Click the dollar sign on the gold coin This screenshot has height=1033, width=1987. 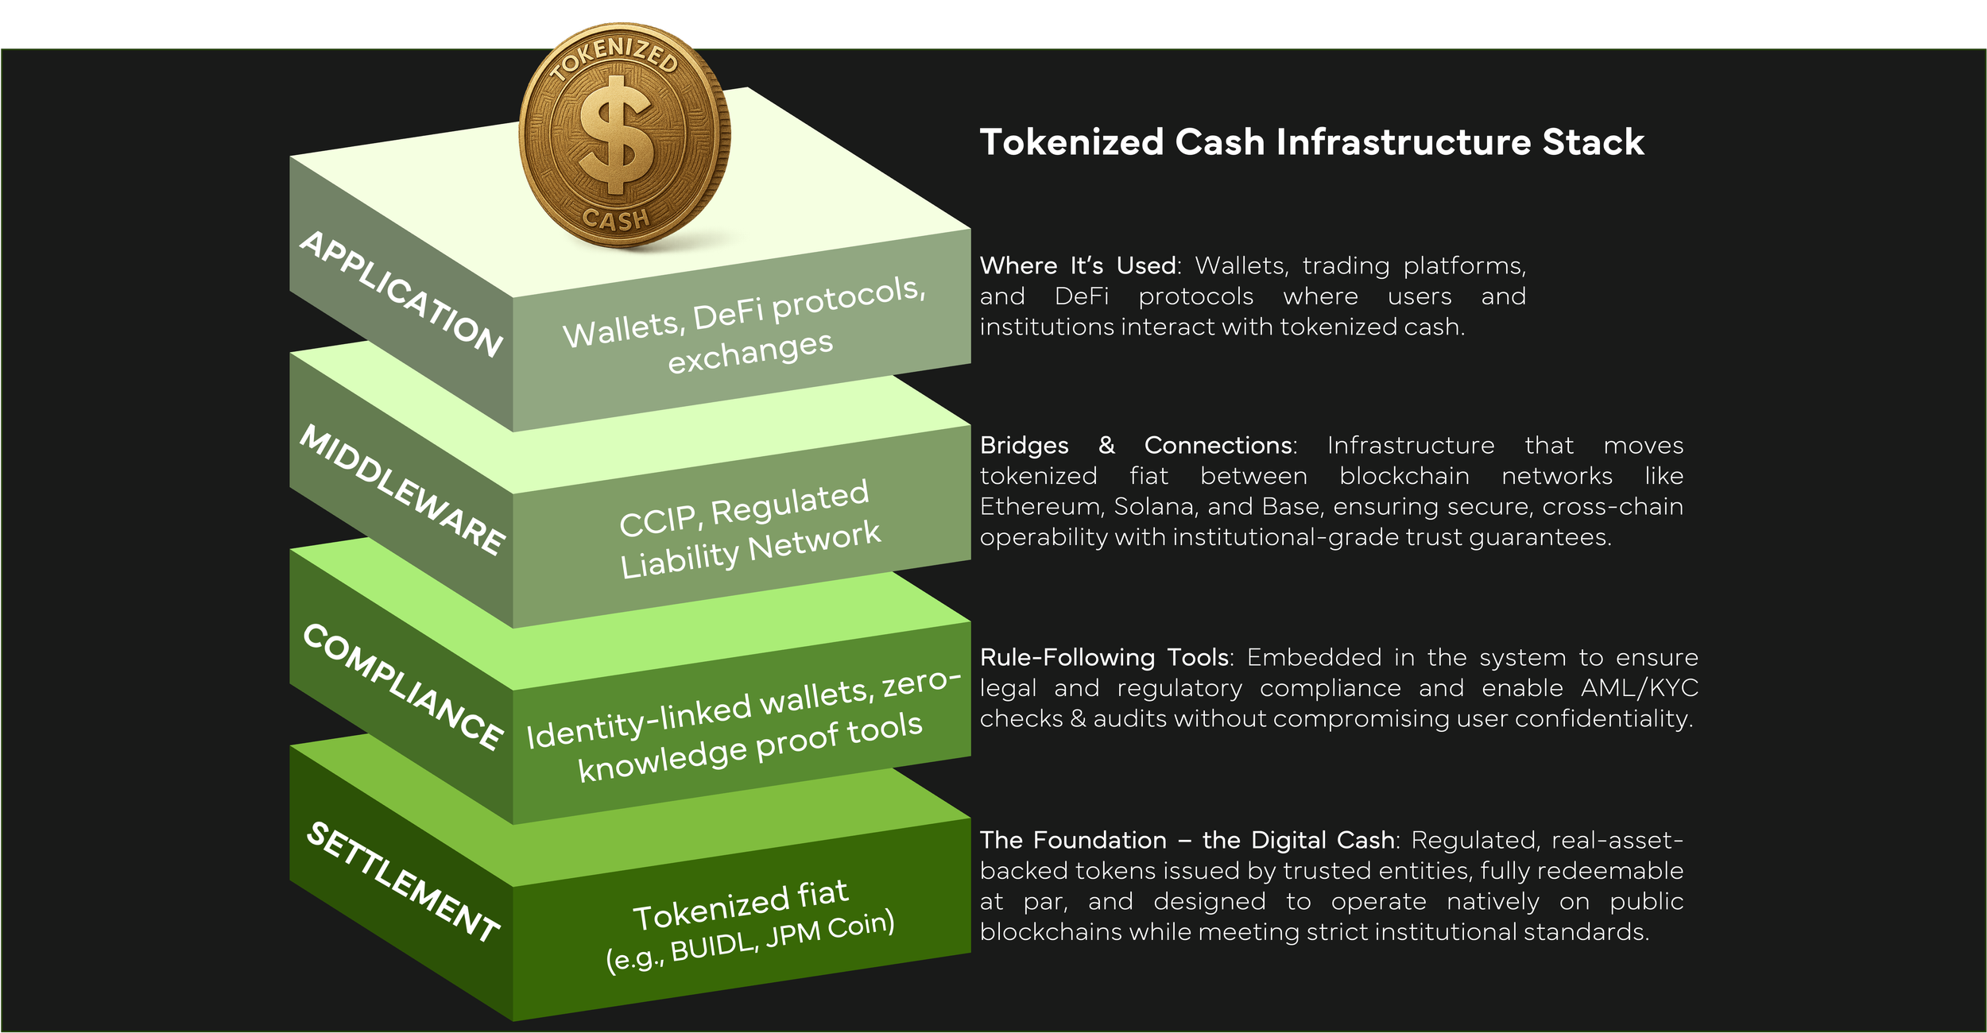pos(616,139)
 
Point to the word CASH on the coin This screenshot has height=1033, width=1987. pos(616,219)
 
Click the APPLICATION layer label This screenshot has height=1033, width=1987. pos(401,293)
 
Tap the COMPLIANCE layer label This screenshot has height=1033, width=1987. pos(401,687)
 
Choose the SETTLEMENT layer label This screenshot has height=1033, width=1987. pos(401,882)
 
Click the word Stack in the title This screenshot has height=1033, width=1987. pos(1593,142)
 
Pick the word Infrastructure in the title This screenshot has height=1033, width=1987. pos(1404,142)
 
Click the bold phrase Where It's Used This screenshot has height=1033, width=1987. pos(1078,265)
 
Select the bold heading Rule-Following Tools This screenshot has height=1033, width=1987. pos(1105,657)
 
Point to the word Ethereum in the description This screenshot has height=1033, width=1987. pos(1040,506)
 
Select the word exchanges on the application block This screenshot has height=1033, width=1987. pos(750,352)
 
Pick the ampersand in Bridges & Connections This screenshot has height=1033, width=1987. pos(1106,445)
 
